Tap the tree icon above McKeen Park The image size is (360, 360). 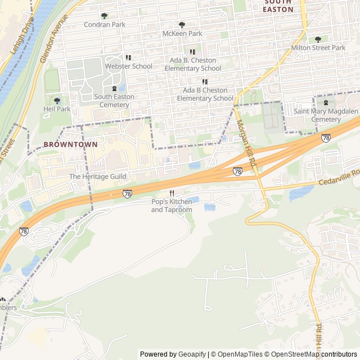click(182, 25)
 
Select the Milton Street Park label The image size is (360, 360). click(318, 48)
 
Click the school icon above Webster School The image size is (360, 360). click(128, 57)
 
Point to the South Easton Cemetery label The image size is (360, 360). click(114, 101)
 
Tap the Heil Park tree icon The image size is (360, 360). click(57, 100)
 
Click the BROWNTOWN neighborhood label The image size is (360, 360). click(66, 145)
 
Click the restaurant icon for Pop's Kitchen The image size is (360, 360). click(172, 193)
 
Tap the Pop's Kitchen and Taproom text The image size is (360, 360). click(172, 205)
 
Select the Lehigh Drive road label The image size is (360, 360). click(22, 37)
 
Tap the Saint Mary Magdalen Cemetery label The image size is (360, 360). click(326, 115)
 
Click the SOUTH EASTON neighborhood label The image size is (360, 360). click(278, 6)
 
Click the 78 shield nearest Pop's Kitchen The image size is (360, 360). click(128, 193)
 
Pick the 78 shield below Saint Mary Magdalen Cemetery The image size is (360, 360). click(326, 137)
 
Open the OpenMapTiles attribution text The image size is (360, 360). click(237, 354)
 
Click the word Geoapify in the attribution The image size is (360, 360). click(192, 354)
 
